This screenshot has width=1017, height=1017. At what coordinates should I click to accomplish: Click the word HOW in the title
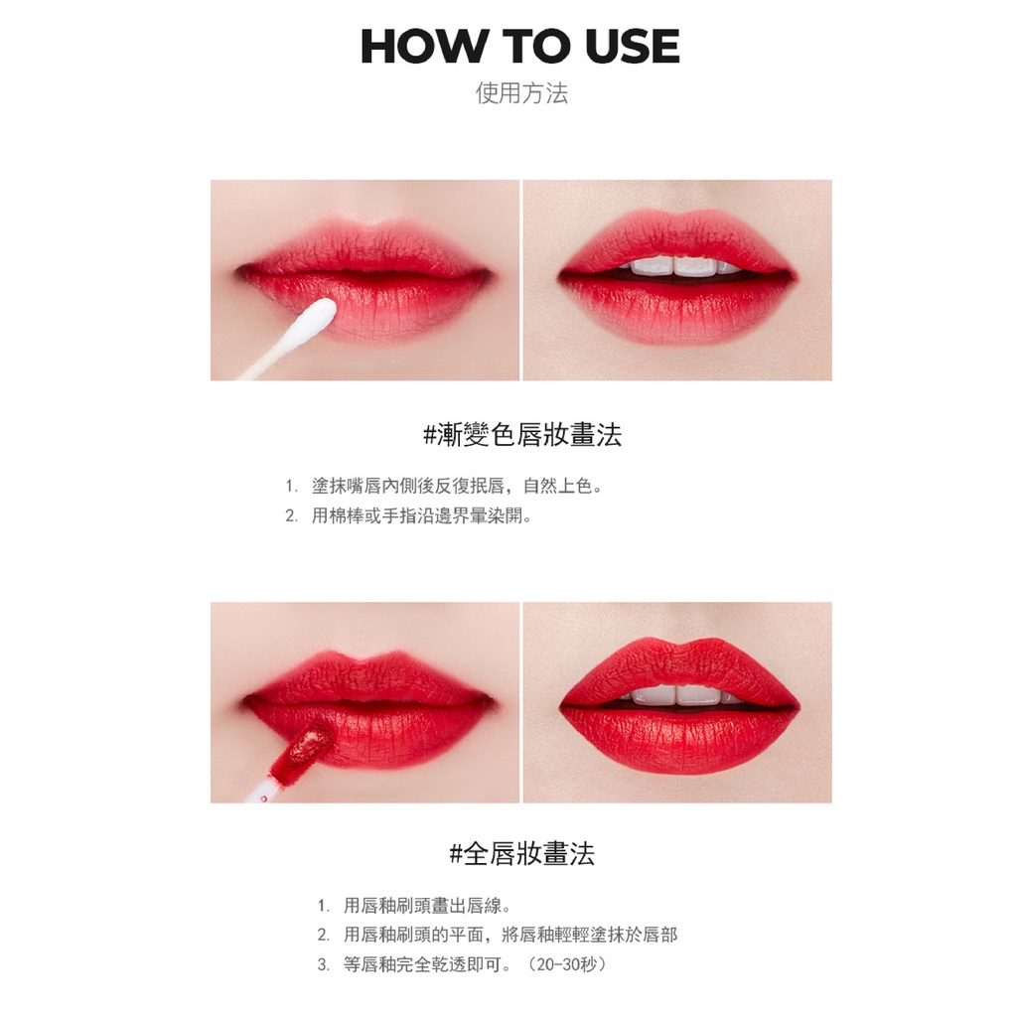coord(423,47)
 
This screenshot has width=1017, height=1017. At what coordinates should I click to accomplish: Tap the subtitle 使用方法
coord(521,92)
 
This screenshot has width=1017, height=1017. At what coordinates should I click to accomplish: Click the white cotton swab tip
coord(317,320)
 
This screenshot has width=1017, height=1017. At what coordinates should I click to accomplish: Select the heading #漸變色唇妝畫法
coord(522,435)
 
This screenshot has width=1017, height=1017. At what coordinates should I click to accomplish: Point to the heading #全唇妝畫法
coord(522,853)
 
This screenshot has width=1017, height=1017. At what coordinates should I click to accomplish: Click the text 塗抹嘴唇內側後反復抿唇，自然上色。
coord(457,486)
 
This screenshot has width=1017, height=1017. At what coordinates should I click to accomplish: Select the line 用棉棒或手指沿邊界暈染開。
coord(421,516)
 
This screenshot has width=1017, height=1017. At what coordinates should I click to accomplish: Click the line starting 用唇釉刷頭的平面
coord(510,935)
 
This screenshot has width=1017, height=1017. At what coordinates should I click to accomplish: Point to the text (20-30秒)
coord(567,964)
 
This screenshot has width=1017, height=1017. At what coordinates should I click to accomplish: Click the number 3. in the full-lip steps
coord(324,965)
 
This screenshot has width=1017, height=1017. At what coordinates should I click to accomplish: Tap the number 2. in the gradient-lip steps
coord(292,516)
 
